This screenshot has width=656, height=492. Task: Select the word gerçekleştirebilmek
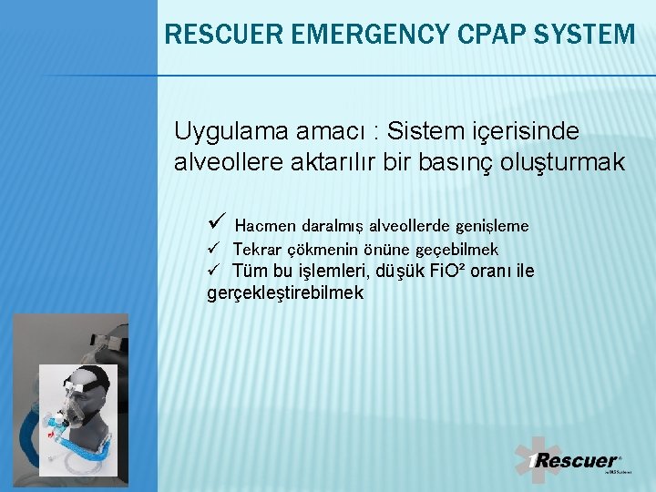[x=285, y=293]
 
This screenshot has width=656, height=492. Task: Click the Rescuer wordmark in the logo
[x=574, y=461]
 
